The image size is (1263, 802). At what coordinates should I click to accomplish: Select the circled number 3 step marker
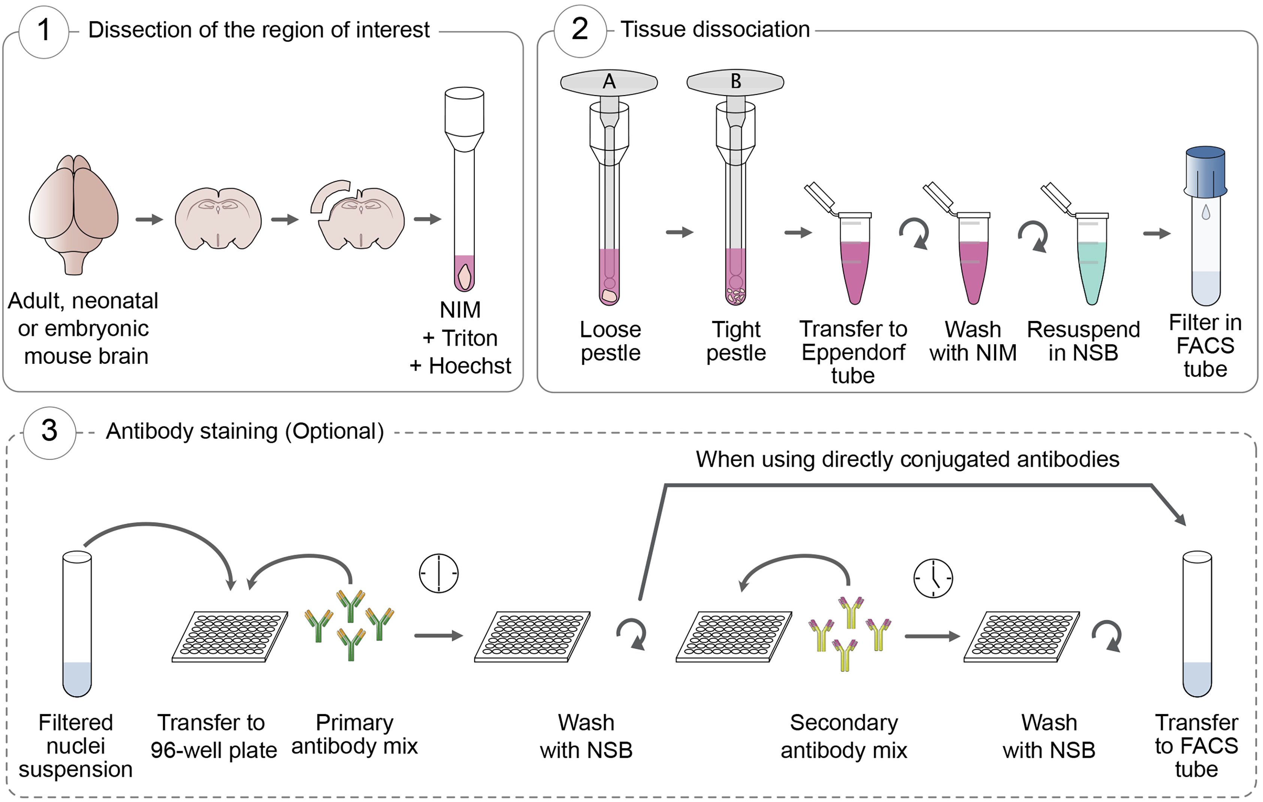49,432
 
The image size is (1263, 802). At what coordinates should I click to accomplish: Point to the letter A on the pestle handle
609,82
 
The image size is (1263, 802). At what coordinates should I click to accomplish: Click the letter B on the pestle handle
735,82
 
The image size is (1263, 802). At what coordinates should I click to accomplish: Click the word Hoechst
470,366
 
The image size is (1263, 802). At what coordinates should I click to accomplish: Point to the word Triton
469,338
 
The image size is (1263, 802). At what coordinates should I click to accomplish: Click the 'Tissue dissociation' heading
715,29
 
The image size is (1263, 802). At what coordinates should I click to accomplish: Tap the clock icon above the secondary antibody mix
933,578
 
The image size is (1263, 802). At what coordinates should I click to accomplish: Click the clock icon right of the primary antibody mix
438,573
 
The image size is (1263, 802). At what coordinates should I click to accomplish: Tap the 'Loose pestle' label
611,341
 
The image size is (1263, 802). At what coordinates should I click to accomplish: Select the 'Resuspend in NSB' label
1083,341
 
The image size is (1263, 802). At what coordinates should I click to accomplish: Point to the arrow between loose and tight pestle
680,232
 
